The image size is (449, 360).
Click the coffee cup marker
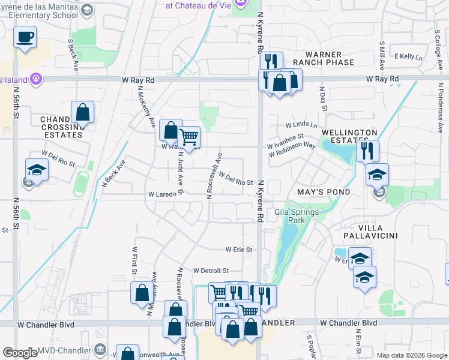25,37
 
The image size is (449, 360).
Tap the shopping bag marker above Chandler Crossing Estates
82,112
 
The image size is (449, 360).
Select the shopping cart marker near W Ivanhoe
189,137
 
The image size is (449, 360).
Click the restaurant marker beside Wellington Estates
367,150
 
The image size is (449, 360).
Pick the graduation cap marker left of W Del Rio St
37,170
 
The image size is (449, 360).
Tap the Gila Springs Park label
290,216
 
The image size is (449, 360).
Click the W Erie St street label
239,249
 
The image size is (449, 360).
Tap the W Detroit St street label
211,271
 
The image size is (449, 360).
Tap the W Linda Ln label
301,125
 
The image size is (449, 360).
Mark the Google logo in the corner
20,353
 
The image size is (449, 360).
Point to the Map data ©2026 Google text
412,355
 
